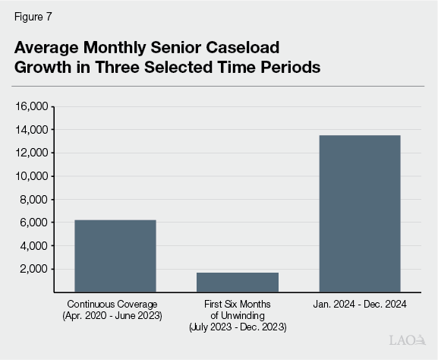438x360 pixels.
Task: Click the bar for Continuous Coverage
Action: tap(115, 255)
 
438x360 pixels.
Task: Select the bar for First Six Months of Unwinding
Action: tap(237, 282)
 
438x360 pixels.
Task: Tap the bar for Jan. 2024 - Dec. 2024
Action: tap(359, 213)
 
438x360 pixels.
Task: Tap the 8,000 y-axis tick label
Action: tap(35, 200)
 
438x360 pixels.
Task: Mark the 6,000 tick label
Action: tap(35, 223)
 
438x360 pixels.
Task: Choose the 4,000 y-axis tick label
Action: tap(35, 246)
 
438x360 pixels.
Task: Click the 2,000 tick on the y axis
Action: tap(35, 269)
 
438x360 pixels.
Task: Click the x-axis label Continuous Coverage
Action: tap(115, 304)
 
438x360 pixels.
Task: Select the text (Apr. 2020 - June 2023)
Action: tap(115, 314)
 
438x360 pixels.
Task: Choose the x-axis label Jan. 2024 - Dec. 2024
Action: tap(359, 304)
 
